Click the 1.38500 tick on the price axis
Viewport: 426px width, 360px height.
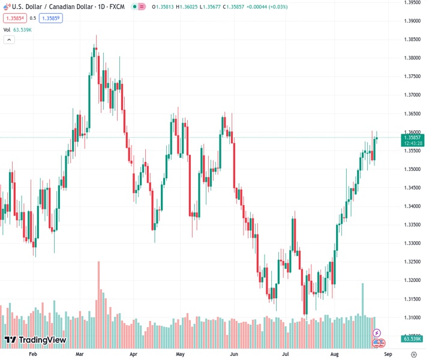point(411,39)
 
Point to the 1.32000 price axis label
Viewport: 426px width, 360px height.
point(411,280)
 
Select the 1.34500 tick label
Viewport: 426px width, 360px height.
point(411,188)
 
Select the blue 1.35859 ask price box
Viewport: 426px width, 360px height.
point(51,18)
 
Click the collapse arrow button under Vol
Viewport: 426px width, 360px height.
point(9,40)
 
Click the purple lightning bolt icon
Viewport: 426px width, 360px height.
point(377,333)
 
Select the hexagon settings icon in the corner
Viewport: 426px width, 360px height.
point(413,355)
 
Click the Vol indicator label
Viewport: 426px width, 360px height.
point(7,29)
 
